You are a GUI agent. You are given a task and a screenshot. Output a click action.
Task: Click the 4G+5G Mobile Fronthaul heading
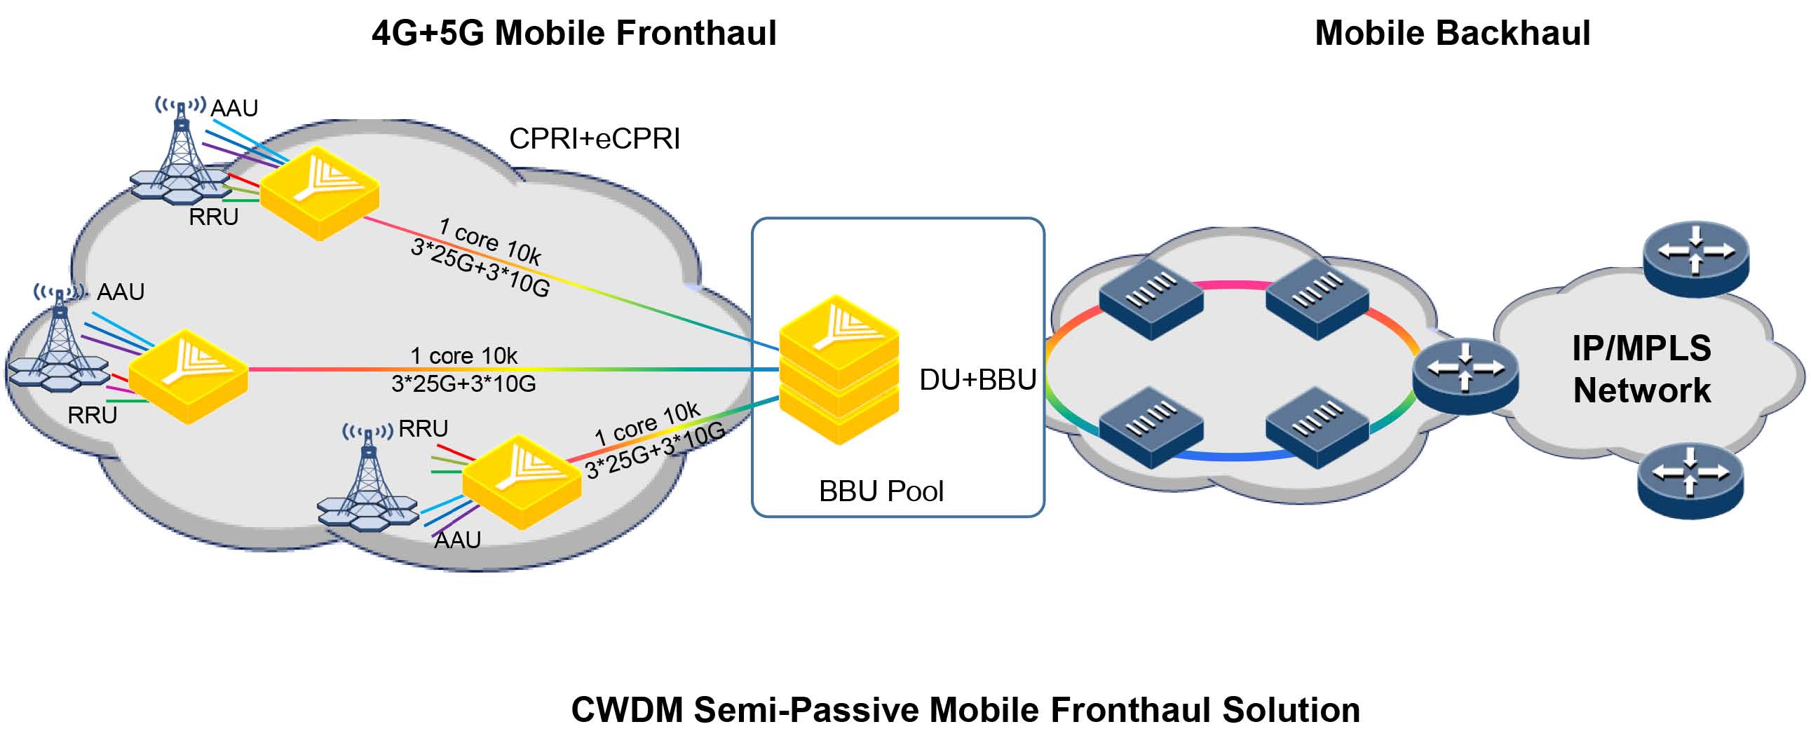pos(574,33)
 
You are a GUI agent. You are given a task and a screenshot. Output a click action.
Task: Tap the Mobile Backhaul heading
pos(1452,33)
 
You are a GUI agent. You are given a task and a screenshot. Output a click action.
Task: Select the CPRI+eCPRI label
pos(594,139)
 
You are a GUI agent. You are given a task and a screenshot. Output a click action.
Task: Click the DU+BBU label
pos(977,380)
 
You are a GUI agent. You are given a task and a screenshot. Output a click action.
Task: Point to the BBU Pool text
pos(880,491)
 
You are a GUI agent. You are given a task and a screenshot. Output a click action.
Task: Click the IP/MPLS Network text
pos(1641,369)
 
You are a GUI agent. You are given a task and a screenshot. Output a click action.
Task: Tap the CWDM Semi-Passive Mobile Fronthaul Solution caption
pos(965,709)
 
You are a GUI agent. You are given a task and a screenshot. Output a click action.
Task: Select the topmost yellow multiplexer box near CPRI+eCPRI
pos(320,193)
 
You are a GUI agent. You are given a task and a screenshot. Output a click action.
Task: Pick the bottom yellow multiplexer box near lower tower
pos(521,482)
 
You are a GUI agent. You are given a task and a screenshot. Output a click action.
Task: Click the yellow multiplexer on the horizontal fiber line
pos(188,376)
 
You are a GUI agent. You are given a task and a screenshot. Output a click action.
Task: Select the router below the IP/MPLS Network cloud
pos(1690,480)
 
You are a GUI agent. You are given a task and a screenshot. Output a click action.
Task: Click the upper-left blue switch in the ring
pos(1151,299)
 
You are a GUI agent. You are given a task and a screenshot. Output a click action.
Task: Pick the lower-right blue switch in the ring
pos(1317,427)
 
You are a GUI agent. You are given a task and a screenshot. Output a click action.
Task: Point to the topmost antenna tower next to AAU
pos(182,151)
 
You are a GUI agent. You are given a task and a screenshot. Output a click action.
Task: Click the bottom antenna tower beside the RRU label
pos(367,478)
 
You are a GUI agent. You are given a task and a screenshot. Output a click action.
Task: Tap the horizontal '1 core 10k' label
pos(463,355)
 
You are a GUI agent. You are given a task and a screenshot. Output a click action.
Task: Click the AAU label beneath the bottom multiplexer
pos(457,540)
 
